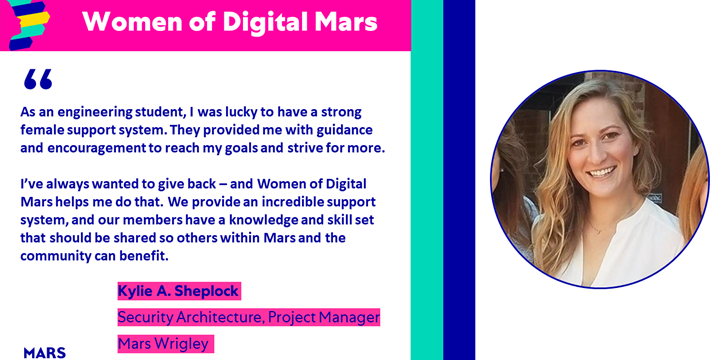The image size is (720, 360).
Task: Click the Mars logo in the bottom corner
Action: coord(44,352)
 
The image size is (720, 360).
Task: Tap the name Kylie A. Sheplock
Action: coord(179,291)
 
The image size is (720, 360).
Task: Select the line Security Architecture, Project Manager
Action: coord(248,318)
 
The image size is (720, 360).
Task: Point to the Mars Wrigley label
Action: coord(165,344)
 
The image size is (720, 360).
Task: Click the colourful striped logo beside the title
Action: coord(29,24)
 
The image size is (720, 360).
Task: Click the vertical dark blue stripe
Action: coord(459,180)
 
